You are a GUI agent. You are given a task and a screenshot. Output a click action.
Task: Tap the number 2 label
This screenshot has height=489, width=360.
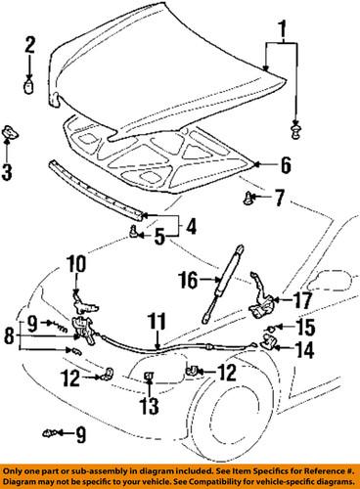(30, 43)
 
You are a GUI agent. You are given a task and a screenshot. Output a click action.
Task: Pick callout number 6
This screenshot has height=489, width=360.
(286, 164)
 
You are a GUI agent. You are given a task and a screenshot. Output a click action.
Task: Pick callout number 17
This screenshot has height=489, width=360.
(303, 301)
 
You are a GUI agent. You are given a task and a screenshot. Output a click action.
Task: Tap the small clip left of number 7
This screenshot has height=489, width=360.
(249, 200)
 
